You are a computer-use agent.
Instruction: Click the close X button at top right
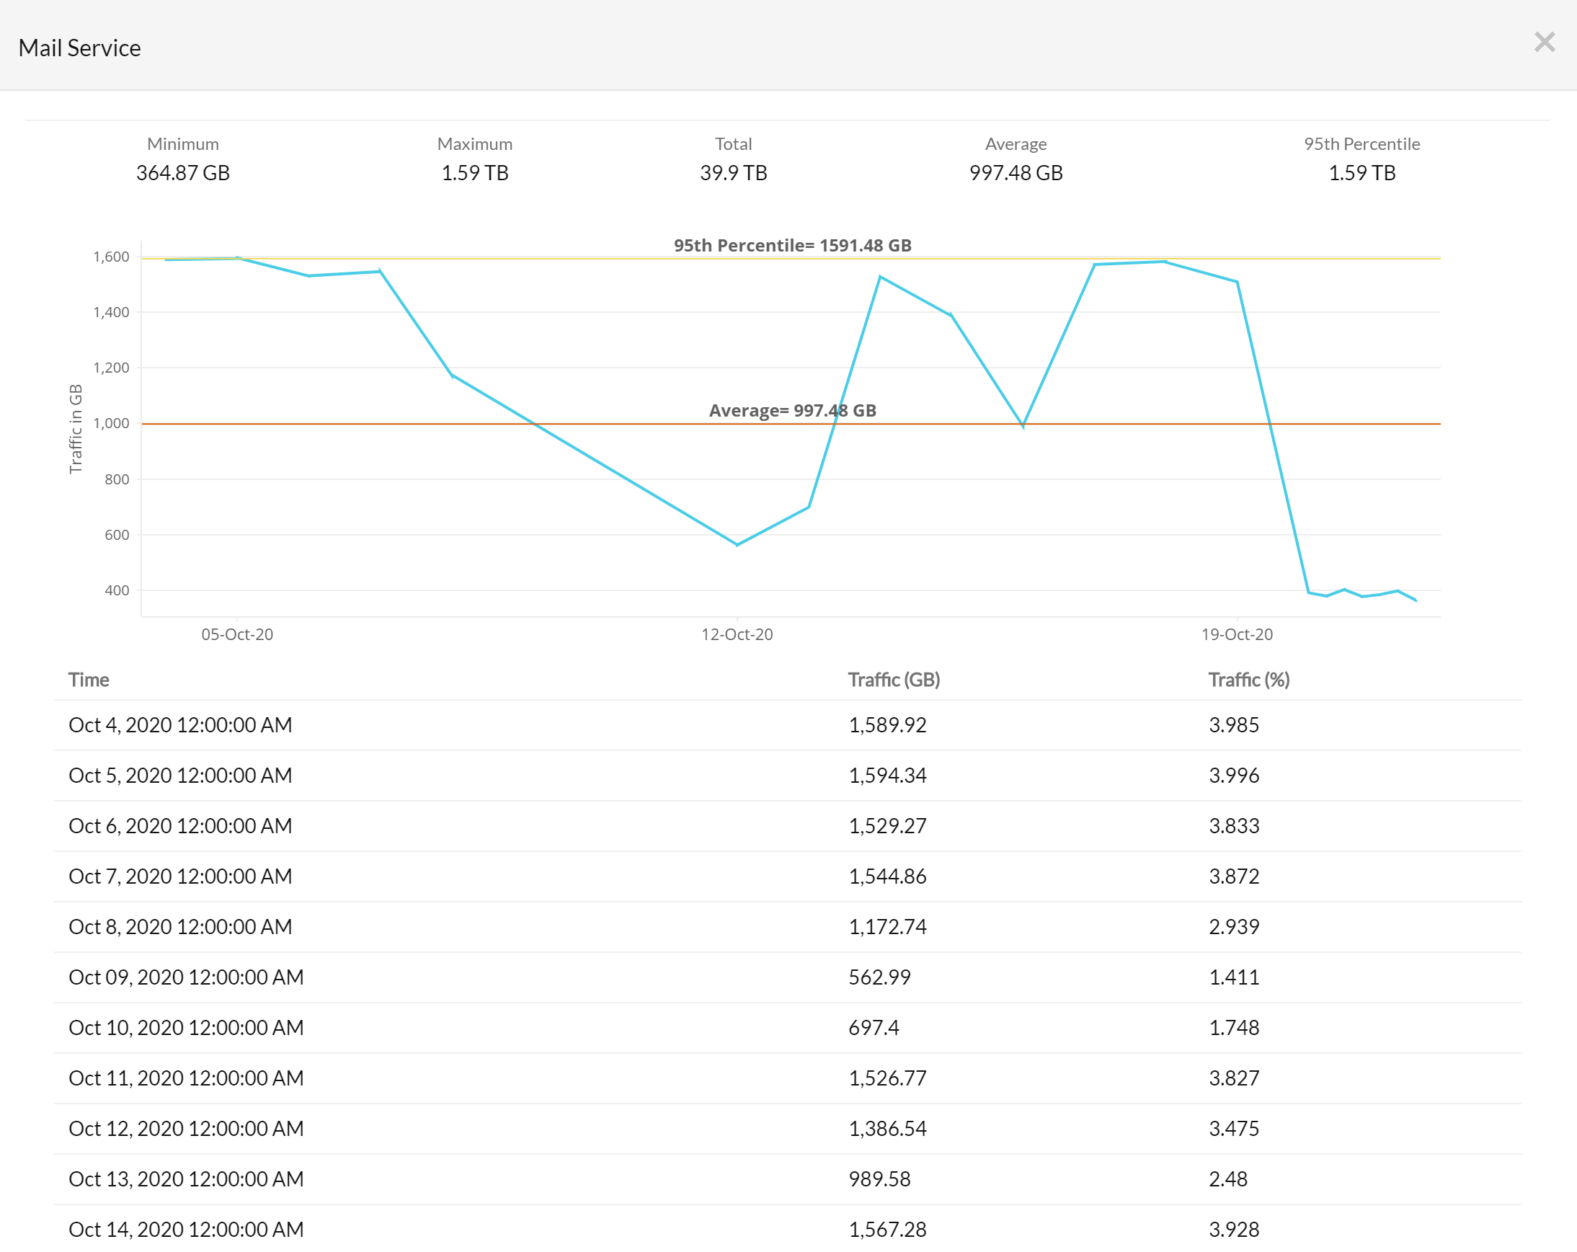point(1544,43)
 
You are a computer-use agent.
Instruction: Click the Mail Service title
point(80,48)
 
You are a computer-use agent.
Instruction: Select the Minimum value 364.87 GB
point(183,173)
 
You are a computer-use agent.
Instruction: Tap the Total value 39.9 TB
point(733,173)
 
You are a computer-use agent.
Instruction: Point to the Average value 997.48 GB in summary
point(1016,173)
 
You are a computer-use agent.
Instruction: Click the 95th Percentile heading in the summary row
point(1361,144)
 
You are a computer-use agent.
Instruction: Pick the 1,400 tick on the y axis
point(111,312)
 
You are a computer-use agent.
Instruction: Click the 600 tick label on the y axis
point(117,535)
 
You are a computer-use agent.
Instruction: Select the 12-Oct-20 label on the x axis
point(737,634)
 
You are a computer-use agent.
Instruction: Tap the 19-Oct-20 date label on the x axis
point(1236,634)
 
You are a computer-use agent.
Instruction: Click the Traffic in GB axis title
point(76,429)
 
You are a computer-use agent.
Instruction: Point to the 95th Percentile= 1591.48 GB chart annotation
point(792,246)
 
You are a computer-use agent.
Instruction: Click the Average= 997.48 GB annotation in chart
point(792,411)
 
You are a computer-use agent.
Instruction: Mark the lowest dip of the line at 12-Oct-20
point(737,544)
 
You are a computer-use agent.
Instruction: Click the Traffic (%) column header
point(1248,680)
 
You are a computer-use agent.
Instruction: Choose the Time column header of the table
point(89,680)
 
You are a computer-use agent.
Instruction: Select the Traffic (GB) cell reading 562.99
point(879,977)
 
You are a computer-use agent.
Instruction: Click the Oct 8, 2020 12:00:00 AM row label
point(180,927)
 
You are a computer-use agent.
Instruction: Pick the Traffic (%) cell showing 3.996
point(1233,775)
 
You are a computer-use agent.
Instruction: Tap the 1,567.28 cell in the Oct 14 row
point(887,1230)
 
